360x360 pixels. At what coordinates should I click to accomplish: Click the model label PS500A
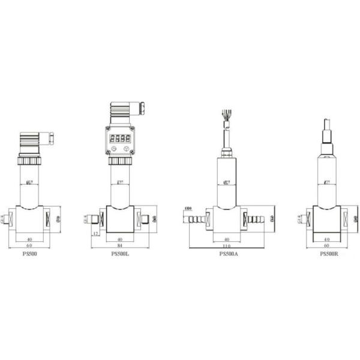point(229,254)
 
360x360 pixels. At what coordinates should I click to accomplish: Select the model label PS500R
point(329,254)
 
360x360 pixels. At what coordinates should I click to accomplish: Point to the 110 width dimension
point(227,247)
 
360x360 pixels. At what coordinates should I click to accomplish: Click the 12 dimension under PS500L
point(95,234)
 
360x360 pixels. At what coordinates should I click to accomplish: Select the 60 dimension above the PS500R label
point(327,246)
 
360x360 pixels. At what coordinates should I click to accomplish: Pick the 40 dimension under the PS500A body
point(227,239)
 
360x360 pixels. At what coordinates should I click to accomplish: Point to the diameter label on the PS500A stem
point(226,181)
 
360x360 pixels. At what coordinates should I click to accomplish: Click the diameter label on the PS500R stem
point(327,181)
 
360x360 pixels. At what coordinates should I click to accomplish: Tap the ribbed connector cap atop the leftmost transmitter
point(30,142)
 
